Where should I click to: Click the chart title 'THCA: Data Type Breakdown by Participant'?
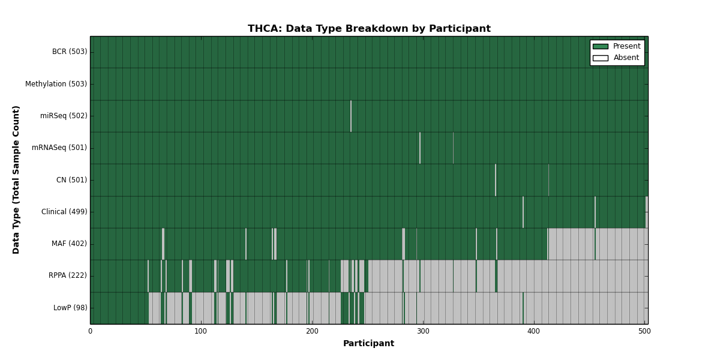[369, 29]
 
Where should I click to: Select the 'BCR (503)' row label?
[70, 52]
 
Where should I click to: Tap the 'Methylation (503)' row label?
[56, 84]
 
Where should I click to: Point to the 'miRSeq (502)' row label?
[64, 116]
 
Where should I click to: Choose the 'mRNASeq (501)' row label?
[59, 148]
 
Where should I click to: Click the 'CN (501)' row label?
[71, 179]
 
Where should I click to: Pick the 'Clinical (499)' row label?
[64, 212]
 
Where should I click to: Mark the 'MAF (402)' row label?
[69, 244]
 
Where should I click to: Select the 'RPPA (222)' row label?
[67, 275]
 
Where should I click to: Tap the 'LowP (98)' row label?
[70, 308]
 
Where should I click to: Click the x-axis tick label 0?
[91, 331]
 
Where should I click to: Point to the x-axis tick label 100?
[200, 331]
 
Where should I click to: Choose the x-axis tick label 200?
[312, 331]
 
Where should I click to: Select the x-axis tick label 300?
[423, 331]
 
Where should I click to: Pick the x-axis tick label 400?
[533, 331]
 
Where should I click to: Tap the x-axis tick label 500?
[644, 331]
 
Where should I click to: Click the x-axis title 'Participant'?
[368, 344]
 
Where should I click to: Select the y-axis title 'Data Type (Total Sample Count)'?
[16, 180]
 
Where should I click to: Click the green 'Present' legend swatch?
[601, 47]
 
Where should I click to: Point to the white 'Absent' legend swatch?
[601, 58]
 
